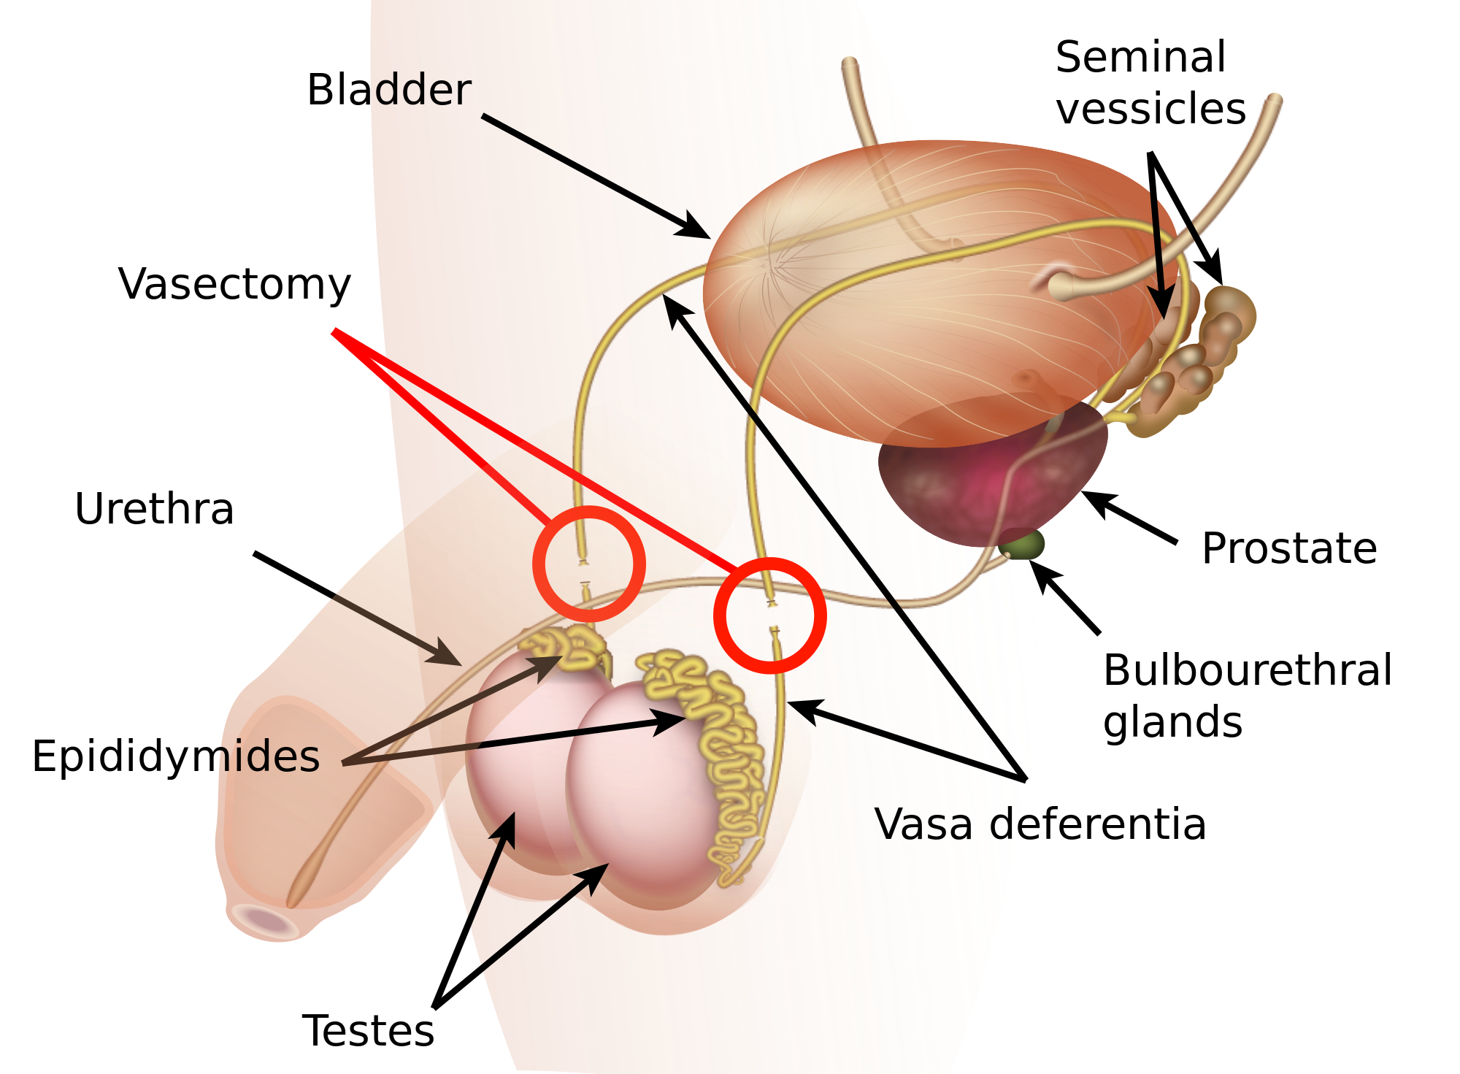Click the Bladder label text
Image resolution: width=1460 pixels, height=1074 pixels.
pyautogui.click(x=388, y=90)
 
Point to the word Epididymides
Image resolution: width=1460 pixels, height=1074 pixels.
pyautogui.click(x=176, y=756)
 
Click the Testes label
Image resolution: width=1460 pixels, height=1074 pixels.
pyautogui.click(x=368, y=1030)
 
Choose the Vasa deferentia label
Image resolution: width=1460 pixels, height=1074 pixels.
pyautogui.click(x=1040, y=824)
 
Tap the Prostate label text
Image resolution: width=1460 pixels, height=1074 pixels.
pyautogui.click(x=1289, y=548)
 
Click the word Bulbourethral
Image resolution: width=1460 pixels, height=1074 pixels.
pyautogui.click(x=1248, y=670)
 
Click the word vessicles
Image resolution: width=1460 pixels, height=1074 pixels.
pyautogui.click(x=1150, y=109)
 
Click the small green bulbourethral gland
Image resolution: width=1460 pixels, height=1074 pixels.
pyautogui.click(x=1023, y=544)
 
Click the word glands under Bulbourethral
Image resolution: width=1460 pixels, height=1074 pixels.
pyautogui.click(x=1172, y=722)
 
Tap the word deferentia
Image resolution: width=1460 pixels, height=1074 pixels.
pyautogui.click(x=1097, y=824)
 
